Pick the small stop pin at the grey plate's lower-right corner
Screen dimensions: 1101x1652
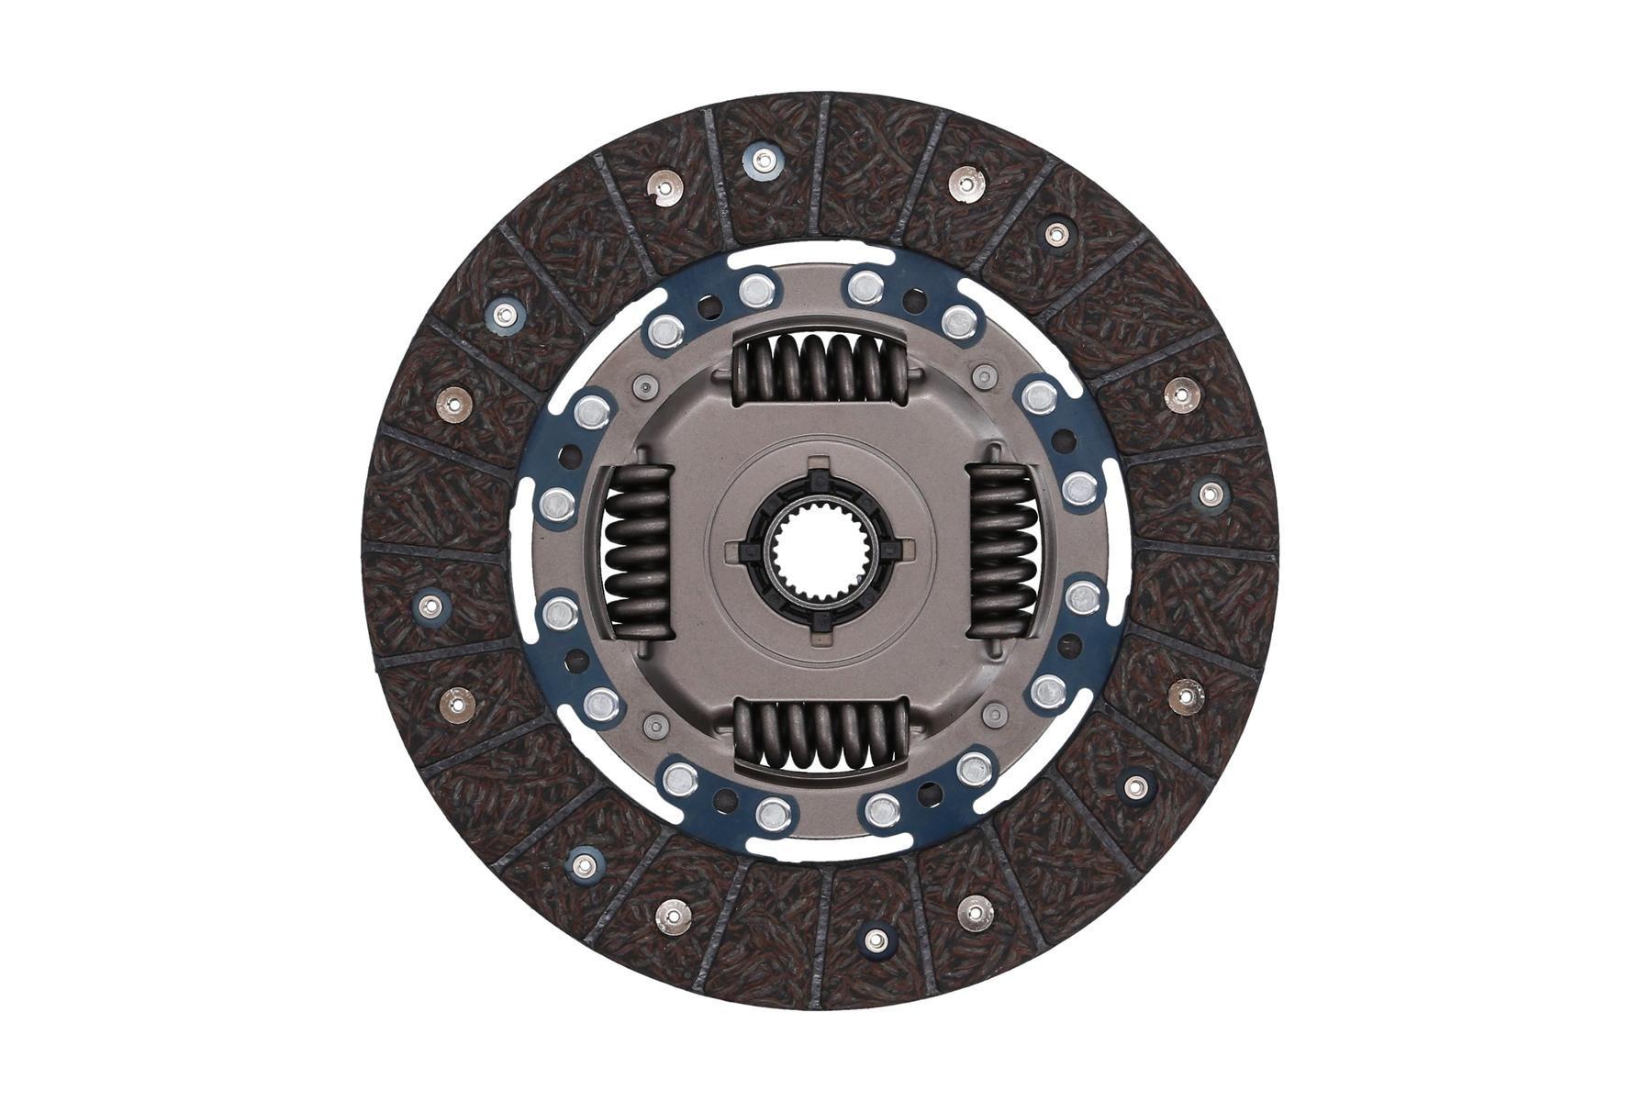(992, 714)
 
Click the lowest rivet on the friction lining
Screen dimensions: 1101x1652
(876, 939)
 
